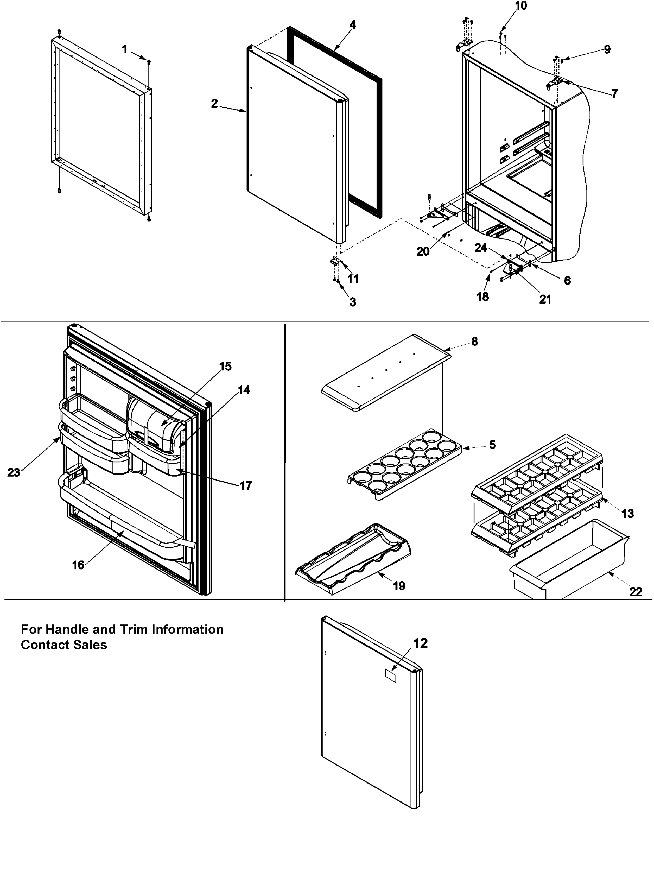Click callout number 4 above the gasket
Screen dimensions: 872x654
click(352, 25)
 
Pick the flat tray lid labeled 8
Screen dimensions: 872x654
click(386, 373)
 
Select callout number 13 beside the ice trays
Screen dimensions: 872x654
click(628, 513)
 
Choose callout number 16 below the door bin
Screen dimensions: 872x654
click(78, 565)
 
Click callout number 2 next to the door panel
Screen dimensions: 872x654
click(214, 103)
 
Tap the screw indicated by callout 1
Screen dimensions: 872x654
click(149, 62)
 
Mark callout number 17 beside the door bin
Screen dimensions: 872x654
click(246, 486)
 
